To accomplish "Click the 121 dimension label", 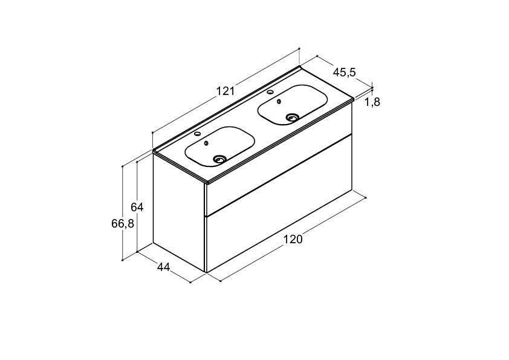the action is click(x=225, y=91).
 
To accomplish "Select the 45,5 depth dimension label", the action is click(x=345, y=72).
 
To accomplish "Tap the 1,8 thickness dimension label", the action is click(x=372, y=102).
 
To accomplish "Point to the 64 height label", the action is click(x=137, y=207).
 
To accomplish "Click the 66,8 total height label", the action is click(x=123, y=223).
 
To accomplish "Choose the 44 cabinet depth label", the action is click(x=164, y=267).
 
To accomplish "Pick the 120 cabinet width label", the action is click(x=293, y=240).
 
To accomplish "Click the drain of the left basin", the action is click(x=220, y=159).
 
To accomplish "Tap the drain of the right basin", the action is click(x=293, y=117).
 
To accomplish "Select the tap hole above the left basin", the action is click(x=196, y=134).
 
